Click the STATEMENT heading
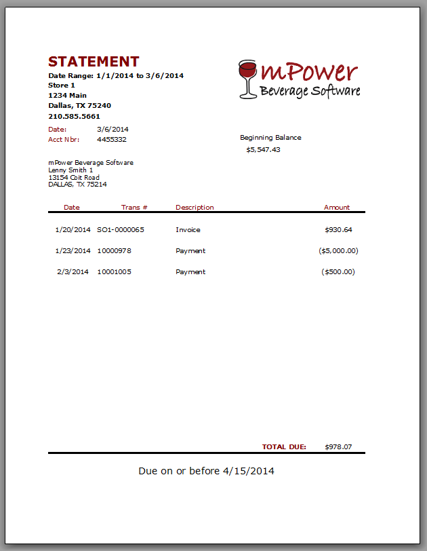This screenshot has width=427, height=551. click(x=94, y=62)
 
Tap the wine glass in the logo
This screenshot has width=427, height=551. click(x=247, y=78)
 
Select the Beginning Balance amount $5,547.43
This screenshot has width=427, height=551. click(x=263, y=149)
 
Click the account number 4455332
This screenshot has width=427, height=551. click(x=112, y=139)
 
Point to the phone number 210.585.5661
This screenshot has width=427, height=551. click(x=75, y=116)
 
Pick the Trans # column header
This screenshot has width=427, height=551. click(x=134, y=207)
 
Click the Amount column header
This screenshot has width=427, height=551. click(x=337, y=207)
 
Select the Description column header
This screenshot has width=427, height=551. click(x=195, y=207)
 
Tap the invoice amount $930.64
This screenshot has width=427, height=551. click(x=338, y=229)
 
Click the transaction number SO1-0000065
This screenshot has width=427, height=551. click(x=121, y=229)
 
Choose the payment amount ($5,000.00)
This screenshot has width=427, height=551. click(x=338, y=250)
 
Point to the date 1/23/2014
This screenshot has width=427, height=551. click(x=73, y=250)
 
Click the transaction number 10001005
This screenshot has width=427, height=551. click(x=115, y=271)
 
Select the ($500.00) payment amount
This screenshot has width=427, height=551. click(x=338, y=271)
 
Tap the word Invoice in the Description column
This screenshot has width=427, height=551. click(x=188, y=229)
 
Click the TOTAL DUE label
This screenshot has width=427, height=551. click(x=284, y=446)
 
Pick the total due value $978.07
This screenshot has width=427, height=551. click(x=338, y=446)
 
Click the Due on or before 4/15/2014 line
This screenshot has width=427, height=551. click(x=206, y=470)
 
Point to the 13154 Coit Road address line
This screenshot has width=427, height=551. click(x=74, y=177)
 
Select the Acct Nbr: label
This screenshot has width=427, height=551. click(x=64, y=139)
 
